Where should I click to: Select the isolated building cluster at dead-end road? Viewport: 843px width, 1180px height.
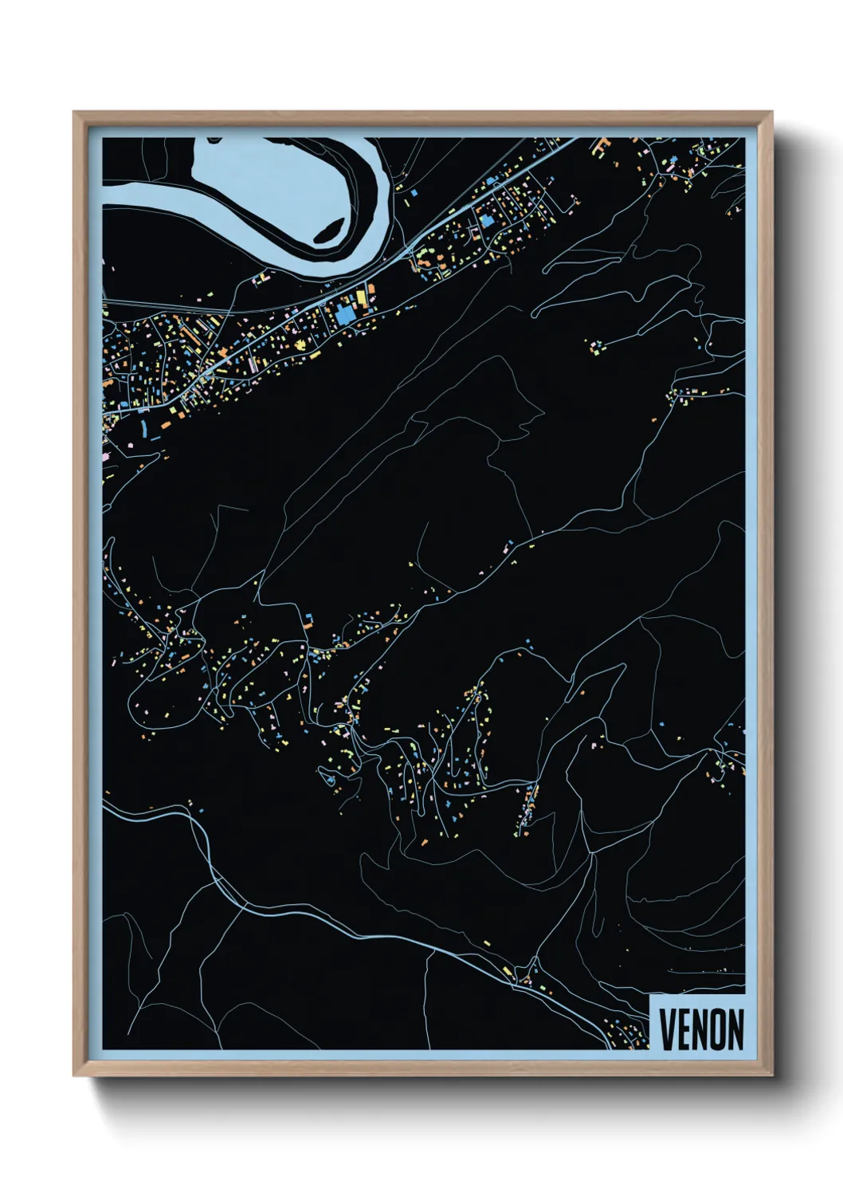point(595,346)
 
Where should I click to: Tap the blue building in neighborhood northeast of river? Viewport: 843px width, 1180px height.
point(487,220)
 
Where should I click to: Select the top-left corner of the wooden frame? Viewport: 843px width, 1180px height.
point(74,113)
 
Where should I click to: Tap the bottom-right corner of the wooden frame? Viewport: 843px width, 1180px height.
point(771,1076)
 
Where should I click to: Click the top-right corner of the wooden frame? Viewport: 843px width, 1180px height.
point(771,113)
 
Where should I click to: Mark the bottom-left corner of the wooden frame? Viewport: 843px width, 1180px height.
point(74,1076)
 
